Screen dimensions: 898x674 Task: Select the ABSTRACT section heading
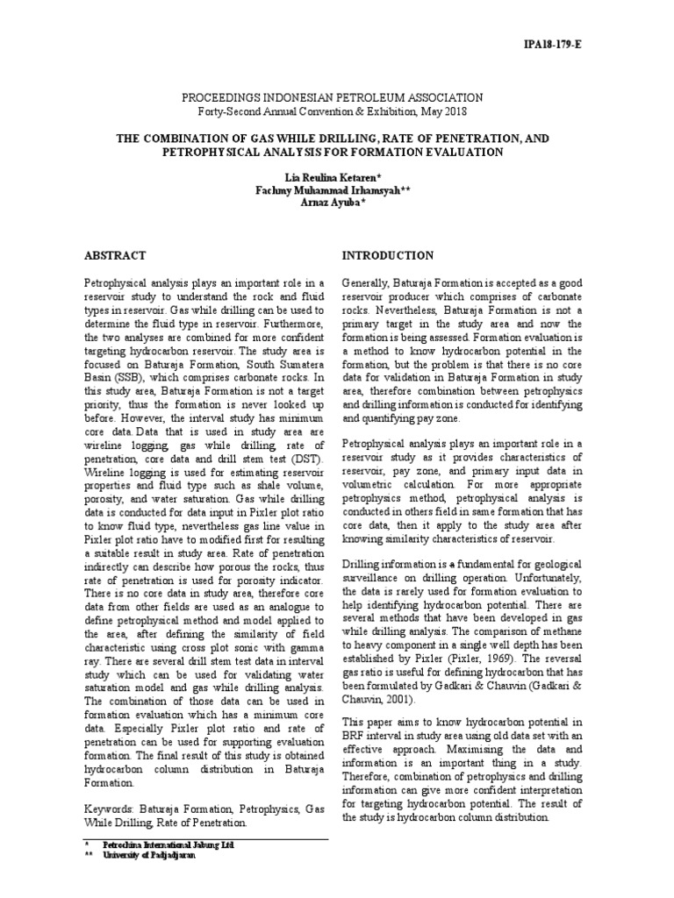[114, 255]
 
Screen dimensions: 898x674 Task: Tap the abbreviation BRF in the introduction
[354, 741]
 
